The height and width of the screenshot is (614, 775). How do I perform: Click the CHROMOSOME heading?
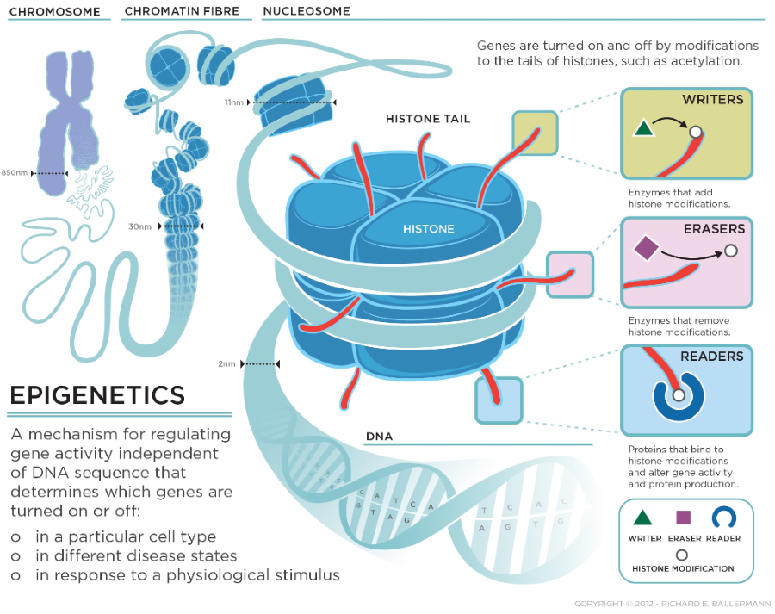(55, 11)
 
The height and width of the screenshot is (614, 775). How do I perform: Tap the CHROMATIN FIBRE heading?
(182, 11)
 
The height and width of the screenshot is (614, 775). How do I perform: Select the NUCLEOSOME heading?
(307, 11)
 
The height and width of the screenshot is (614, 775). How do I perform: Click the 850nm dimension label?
(15, 173)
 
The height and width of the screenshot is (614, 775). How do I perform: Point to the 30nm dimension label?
(139, 226)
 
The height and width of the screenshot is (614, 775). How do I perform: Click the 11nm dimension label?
(233, 102)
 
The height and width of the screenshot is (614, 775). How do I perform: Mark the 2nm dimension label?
(226, 364)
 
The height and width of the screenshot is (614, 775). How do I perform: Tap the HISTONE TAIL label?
(428, 119)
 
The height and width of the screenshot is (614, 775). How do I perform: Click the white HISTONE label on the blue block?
(429, 229)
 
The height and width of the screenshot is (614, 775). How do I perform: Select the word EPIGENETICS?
(97, 395)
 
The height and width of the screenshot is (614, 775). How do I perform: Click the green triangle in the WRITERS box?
(643, 128)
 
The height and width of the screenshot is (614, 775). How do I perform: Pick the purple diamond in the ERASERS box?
(646, 248)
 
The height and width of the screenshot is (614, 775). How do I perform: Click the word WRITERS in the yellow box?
(713, 99)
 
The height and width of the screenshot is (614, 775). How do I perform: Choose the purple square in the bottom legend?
(683, 518)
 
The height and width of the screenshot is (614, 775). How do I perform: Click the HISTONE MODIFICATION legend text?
(683, 569)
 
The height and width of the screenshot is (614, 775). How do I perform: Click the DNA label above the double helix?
(379, 437)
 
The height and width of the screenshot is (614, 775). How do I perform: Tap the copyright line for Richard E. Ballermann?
(673, 604)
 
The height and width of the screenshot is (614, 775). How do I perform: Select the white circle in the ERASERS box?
(731, 251)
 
